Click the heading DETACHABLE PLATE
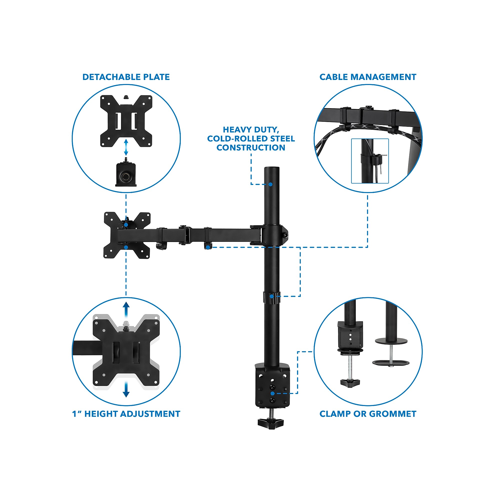[x=126, y=77]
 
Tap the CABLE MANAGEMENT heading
[x=368, y=77]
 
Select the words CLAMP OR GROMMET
[x=368, y=414]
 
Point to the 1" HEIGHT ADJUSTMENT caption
[x=126, y=414]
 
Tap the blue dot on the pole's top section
[x=270, y=184]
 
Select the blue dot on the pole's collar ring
[x=271, y=296]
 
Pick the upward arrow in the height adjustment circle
[x=126, y=310]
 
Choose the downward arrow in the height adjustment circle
[x=126, y=389]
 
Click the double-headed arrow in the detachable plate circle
[x=126, y=147]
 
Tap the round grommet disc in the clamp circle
[x=391, y=341]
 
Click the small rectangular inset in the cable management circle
[x=370, y=161]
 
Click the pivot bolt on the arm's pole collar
[x=286, y=235]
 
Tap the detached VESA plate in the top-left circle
[x=126, y=121]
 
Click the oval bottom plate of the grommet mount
[x=391, y=362]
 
